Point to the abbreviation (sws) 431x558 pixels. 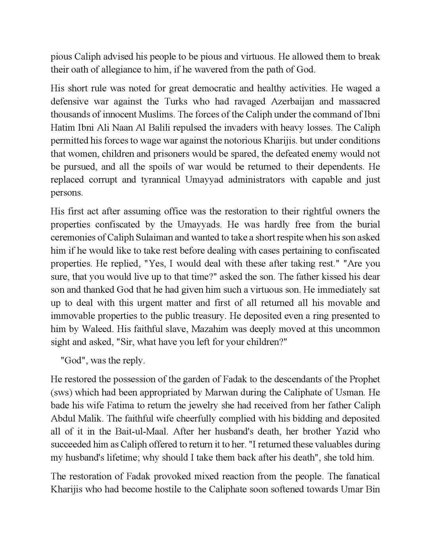click(x=61, y=392)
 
